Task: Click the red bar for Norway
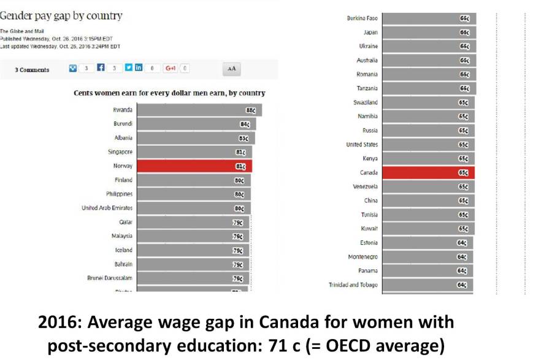coord(194,166)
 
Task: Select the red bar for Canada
coord(428,173)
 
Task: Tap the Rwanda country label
coord(123,110)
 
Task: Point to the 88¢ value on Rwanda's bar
coord(251,110)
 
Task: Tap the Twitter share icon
coord(129,69)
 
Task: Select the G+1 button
coord(171,69)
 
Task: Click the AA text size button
coord(231,69)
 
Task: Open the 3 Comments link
coord(32,70)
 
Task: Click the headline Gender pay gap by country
coord(61,16)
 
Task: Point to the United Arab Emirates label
coord(107,208)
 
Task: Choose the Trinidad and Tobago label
coord(353,285)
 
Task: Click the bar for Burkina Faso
coord(429,18)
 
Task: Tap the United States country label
coord(362,145)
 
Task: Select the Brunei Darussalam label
coord(110,278)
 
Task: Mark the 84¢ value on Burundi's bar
coord(245,124)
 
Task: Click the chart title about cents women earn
coord(169,93)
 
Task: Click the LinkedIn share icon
coord(139,69)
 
